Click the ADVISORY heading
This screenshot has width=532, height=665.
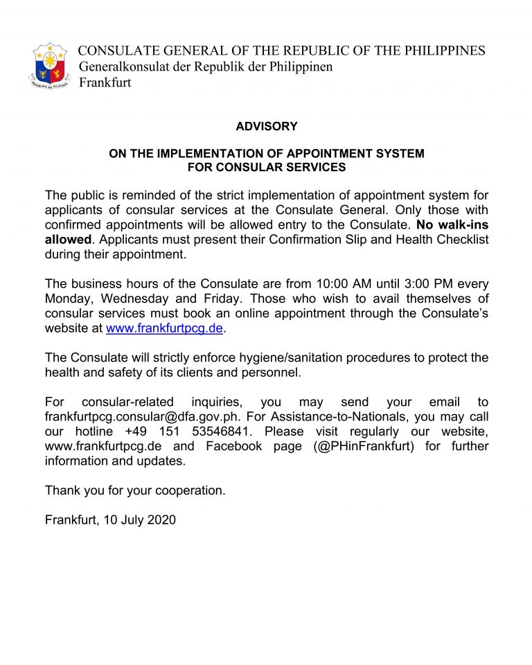266,127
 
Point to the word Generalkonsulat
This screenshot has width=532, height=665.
122,67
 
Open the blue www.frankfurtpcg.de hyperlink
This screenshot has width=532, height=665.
164,328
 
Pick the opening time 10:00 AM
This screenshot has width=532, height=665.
323,284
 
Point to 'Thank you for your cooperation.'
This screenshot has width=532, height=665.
135,490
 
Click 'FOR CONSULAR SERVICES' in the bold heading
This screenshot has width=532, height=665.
266,167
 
